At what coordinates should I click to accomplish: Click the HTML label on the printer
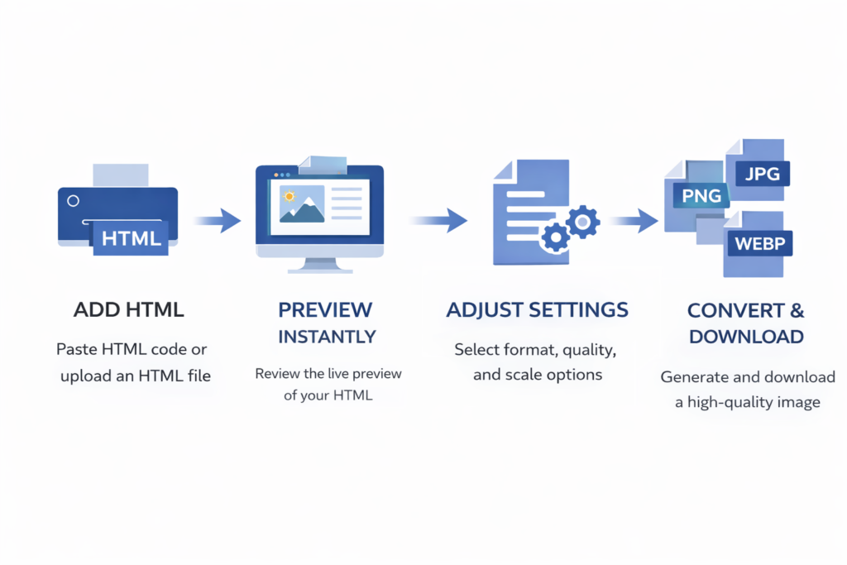(x=131, y=238)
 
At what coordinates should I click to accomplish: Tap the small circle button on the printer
(x=73, y=201)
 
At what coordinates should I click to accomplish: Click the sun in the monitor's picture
(x=290, y=196)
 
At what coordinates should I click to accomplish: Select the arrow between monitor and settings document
(x=438, y=221)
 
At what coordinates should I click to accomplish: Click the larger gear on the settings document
(x=585, y=221)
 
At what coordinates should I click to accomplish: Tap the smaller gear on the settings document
(x=554, y=238)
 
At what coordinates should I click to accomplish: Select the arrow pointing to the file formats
(x=635, y=221)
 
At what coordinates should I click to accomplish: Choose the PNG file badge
(x=701, y=196)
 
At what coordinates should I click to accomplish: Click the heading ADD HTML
(x=128, y=310)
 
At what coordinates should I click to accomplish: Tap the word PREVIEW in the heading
(x=325, y=310)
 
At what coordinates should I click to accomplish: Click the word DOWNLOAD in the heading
(x=746, y=337)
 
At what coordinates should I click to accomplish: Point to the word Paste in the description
(x=76, y=349)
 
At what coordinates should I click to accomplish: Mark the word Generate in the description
(x=695, y=377)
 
